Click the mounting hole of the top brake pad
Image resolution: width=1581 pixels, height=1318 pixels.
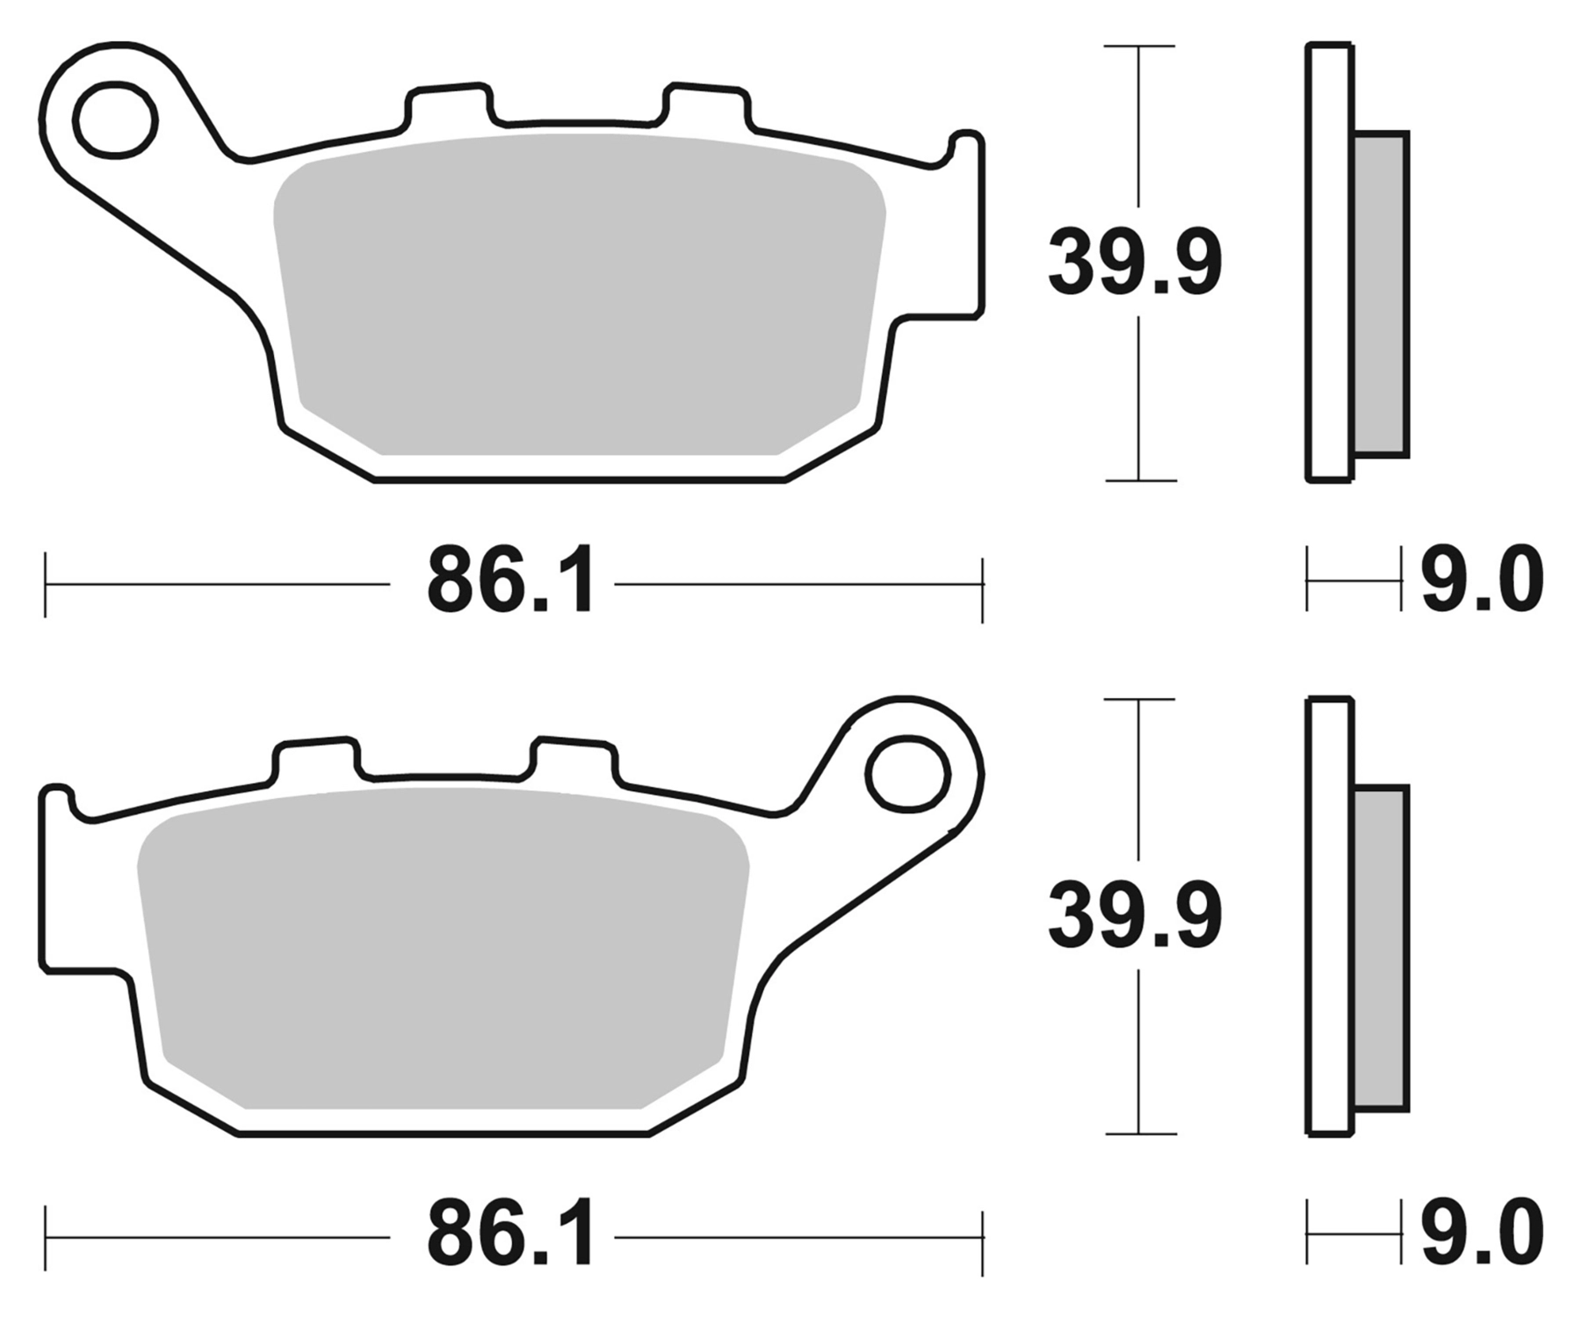coord(117,120)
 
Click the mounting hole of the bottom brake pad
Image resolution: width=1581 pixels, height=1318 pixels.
coord(908,774)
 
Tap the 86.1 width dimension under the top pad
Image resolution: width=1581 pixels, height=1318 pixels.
coord(509,581)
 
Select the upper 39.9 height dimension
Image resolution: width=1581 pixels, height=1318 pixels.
coord(1135,262)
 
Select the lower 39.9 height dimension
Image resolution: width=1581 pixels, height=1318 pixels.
coord(1135,917)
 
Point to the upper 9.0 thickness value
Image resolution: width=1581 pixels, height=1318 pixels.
coord(1482,581)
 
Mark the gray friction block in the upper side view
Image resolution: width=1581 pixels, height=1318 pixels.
coord(1382,294)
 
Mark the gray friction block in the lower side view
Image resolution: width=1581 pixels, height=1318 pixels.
coord(1382,948)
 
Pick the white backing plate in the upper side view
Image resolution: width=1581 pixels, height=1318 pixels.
coord(1329,263)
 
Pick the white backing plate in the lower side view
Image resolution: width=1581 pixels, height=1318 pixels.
coord(1329,918)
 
